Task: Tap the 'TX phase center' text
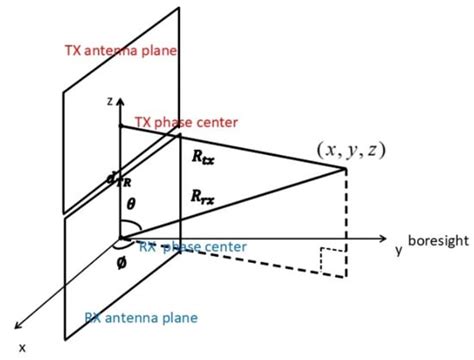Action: pyautogui.click(x=187, y=122)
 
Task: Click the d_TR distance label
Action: pyautogui.click(x=112, y=179)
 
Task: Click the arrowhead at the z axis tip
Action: pyautogui.click(x=119, y=99)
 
